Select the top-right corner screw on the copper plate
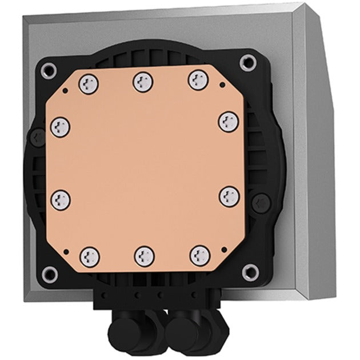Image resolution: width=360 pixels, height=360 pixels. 196,77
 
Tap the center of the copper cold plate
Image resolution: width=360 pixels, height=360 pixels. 143,166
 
